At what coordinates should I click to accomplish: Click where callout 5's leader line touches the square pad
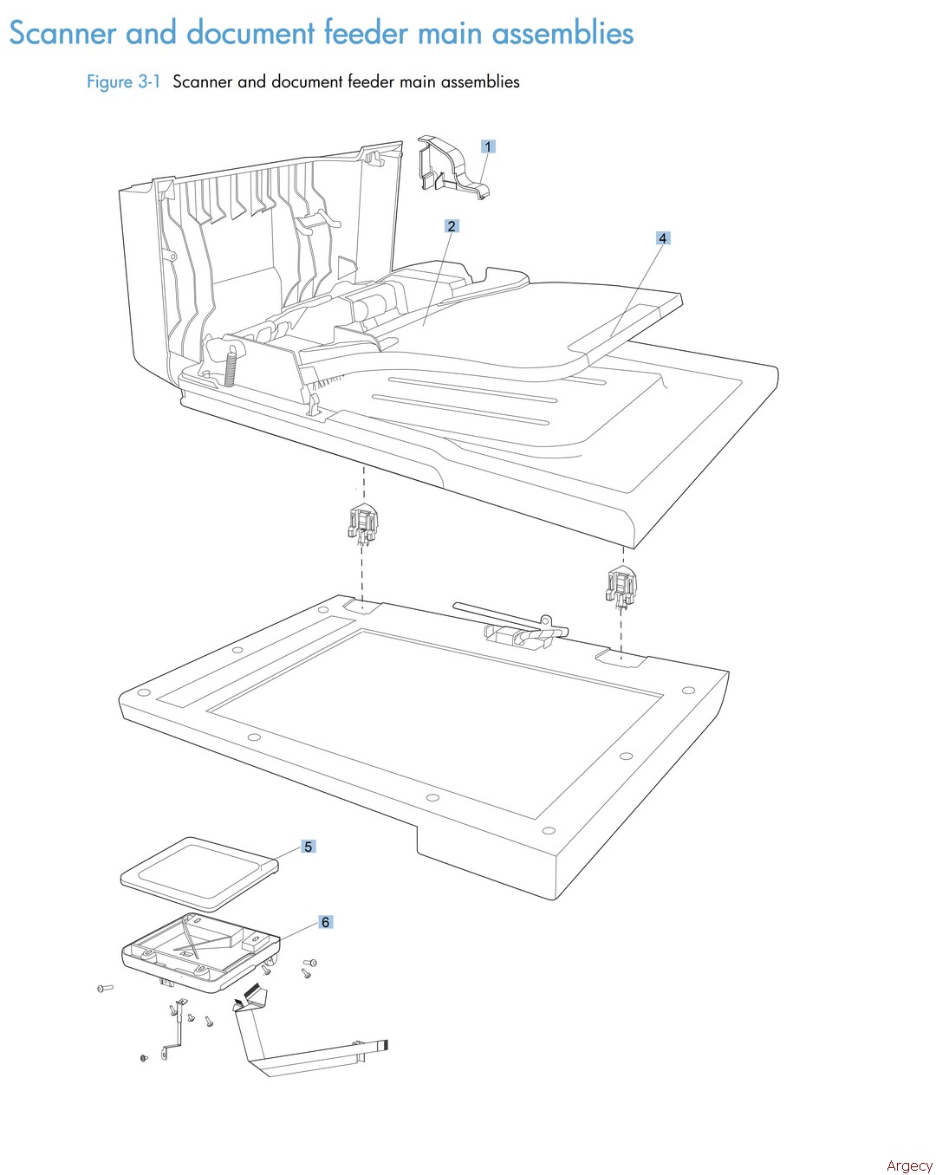click(273, 861)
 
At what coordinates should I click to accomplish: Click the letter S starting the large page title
click(18, 33)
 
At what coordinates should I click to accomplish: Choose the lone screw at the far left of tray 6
click(105, 987)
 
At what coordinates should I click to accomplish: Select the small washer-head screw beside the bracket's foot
click(144, 1057)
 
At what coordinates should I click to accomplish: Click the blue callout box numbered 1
click(488, 146)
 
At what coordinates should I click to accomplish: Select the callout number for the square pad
click(308, 847)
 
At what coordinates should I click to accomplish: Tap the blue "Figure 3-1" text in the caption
click(123, 82)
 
